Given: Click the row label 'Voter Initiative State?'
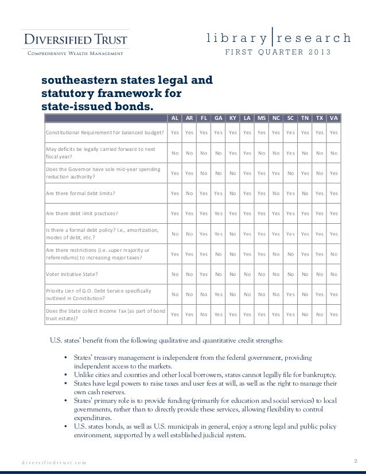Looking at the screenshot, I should tap(72, 274).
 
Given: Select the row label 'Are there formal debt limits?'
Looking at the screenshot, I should tap(80, 193).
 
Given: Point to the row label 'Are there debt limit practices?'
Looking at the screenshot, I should tap(82, 213).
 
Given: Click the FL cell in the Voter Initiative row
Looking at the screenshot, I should tap(203, 274).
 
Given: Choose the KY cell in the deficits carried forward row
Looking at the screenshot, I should tap(232, 153).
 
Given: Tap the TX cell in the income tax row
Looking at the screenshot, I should tap(320, 314).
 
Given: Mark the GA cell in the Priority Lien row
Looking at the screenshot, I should tap(218, 294).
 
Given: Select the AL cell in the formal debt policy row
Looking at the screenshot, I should tap(174, 234).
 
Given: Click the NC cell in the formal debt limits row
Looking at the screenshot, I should tap(276, 193).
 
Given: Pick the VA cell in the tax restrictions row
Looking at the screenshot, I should tap(334, 254).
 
